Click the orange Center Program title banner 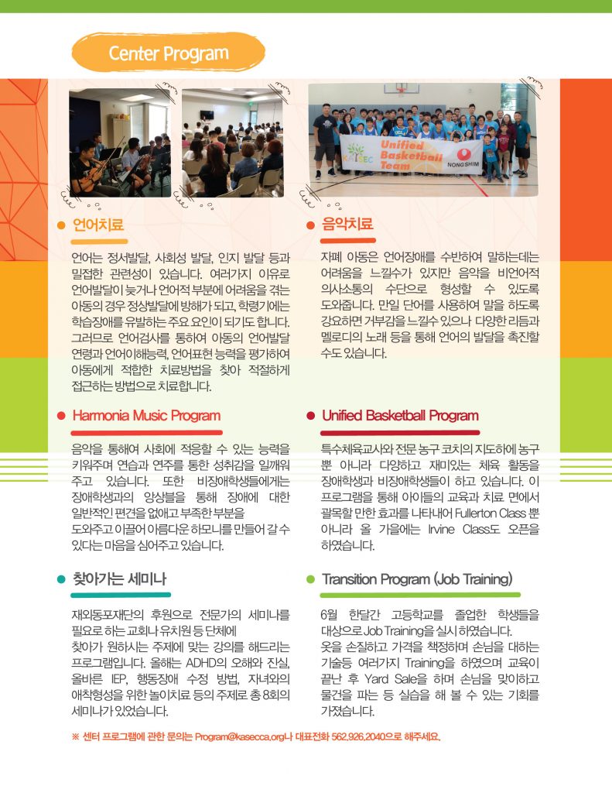pyautogui.click(x=168, y=53)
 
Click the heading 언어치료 pyautogui.click(x=97, y=225)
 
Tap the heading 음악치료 pyautogui.click(x=347, y=225)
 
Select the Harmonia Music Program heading pyautogui.click(x=146, y=416)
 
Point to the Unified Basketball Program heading pyautogui.click(x=400, y=416)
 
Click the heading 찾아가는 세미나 pyautogui.click(x=119, y=579)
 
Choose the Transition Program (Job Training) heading pyautogui.click(x=417, y=579)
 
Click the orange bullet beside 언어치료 pyautogui.click(x=60, y=225)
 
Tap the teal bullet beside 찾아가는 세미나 pyautogui.click(x=60, y=580)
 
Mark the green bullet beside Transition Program pyautogui.click(x=310, y=580)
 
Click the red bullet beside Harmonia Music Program pyautogui.click(x=60, y=417)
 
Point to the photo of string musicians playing pyautogui.click(x=119, y=142)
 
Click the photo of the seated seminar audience pyautogui.click(x=232, y=142)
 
